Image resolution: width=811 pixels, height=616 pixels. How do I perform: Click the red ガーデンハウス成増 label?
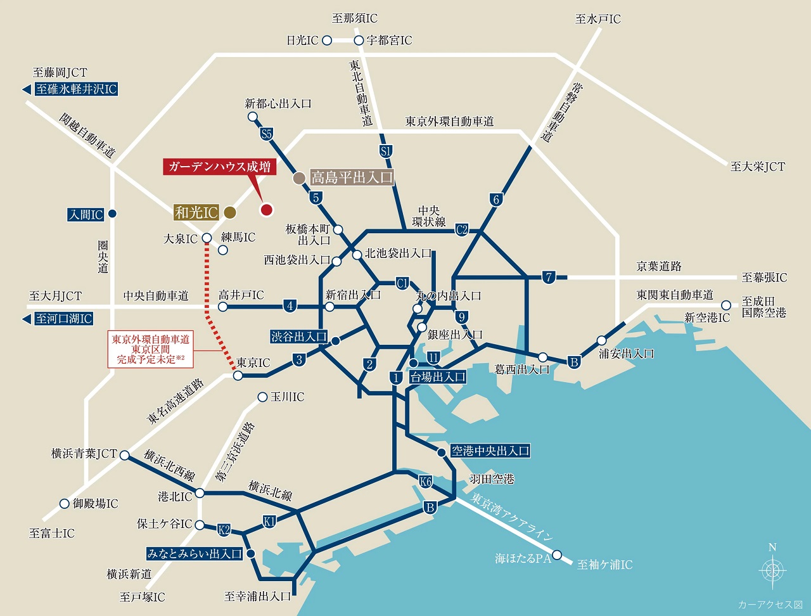pos(219,167)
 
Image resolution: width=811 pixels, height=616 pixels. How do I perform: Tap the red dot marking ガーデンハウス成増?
pos(267,210)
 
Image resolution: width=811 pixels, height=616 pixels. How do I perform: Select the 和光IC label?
pos(196,212)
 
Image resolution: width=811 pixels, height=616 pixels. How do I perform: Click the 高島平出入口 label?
pos(352,177)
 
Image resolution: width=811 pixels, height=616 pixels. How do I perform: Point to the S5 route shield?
pos(267,134)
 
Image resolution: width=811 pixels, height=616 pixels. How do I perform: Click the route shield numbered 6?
pos(496,200)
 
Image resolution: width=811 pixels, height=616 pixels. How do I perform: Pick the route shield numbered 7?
pos(549,277)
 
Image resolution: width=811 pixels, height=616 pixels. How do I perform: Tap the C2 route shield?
pos(461,229)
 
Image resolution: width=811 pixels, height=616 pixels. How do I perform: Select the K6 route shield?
pos(426,482)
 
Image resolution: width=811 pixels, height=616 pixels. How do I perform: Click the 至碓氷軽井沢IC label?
pos(76,89)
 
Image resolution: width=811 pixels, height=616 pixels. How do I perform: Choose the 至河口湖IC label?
pos(64,319)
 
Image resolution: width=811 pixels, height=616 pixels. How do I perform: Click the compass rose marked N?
pos(772,569)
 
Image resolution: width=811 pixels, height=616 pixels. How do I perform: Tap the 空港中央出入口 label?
pos(490,451)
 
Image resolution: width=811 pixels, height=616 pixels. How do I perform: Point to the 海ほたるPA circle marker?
pos(557,556)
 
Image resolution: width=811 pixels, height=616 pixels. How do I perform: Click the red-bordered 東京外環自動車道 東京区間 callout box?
pos(150,349)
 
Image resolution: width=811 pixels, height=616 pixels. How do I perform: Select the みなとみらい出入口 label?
pos(195,554)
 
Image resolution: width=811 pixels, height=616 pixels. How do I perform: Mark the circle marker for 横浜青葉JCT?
pos(124,455)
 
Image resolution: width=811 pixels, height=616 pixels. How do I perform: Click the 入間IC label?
pos(86,215)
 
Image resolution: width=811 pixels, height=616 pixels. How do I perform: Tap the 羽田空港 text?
pos(492,479)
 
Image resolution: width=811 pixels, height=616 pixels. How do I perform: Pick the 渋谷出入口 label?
pos(299,337)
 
